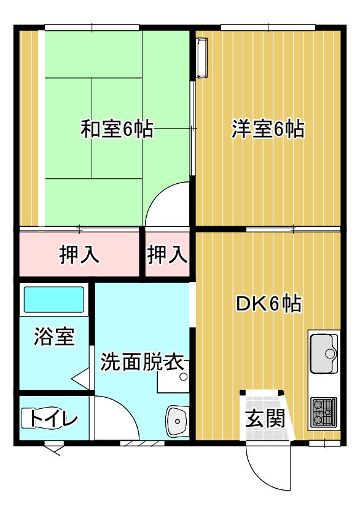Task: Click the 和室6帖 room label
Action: (117, 129)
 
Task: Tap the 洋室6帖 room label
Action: (268, 129)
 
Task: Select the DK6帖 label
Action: (268, 304)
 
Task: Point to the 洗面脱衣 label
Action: (142, 362)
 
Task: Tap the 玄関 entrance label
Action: (265, 419)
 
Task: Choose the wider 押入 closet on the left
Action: (79, 255)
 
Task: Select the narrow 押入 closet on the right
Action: (167, 255)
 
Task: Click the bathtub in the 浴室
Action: (54, 299)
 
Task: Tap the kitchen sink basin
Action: (324, 354)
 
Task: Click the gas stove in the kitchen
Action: (324, 412)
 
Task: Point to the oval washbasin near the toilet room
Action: (177, 421)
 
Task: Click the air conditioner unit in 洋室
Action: (202, 58)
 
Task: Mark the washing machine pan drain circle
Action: (184, 377)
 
